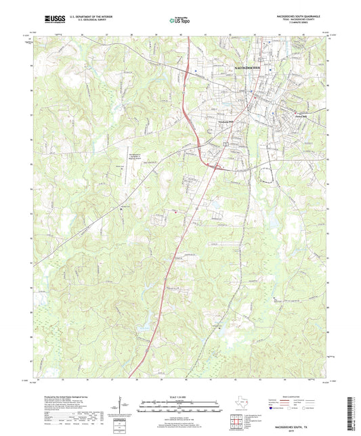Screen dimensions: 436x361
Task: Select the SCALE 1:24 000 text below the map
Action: click(179, 396)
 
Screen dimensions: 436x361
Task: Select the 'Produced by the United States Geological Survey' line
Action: click(70, 398)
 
